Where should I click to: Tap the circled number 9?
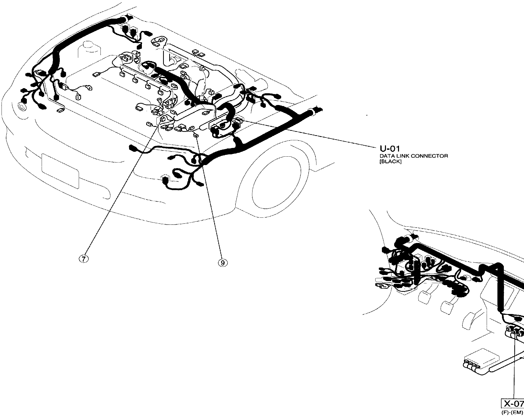[x=222, y=262]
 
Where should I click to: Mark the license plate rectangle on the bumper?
[x=60, y=170]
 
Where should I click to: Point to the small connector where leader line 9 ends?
[x=196, y=135]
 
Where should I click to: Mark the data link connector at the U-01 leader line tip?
[x=238, y=119]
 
